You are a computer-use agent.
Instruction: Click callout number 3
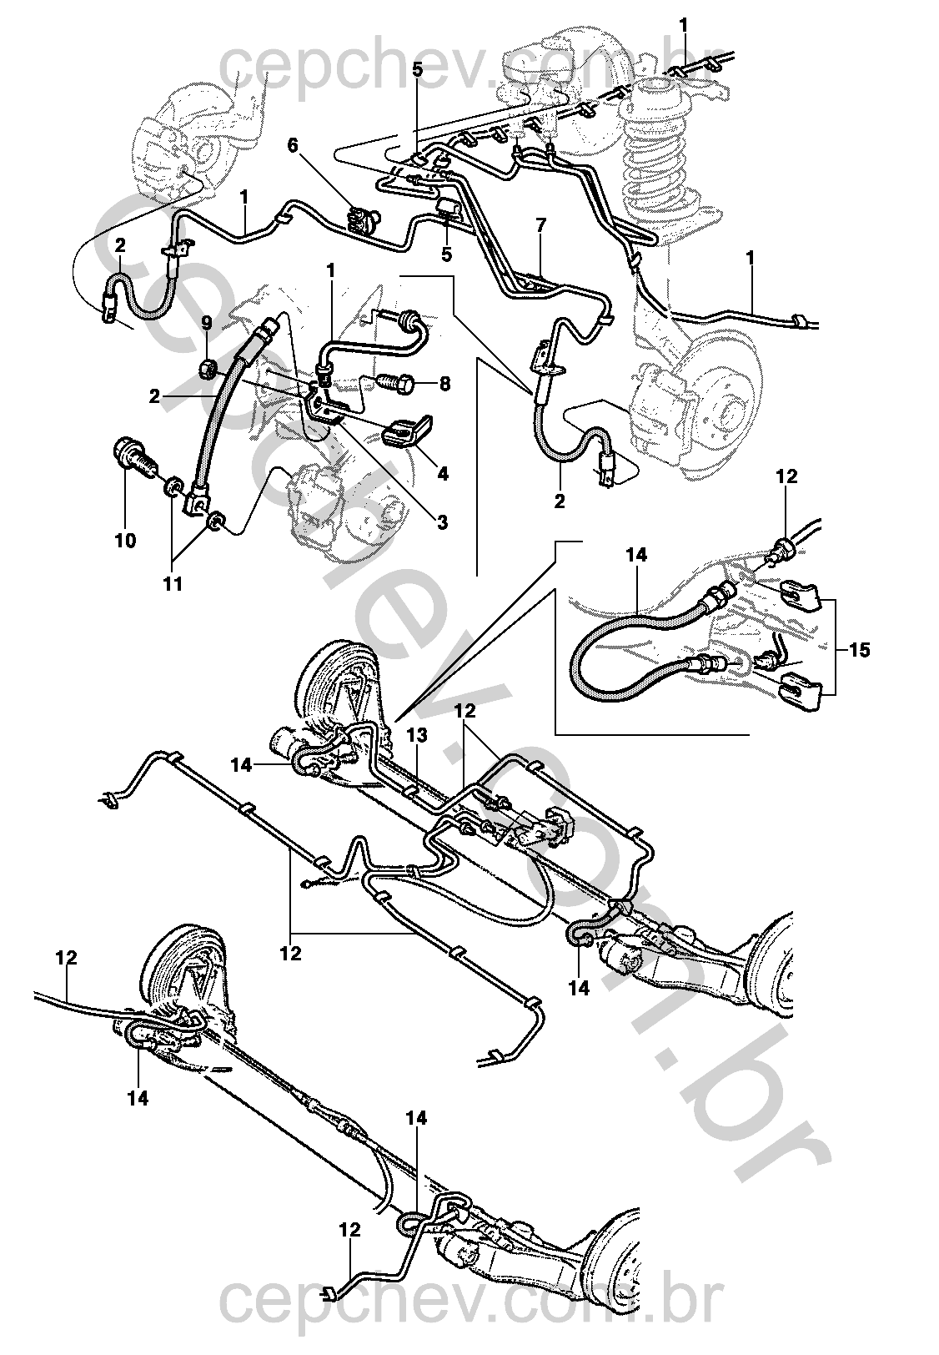click(x=442, y=523)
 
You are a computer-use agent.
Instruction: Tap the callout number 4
click(x=442, y=474)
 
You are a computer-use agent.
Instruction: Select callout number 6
click(x=293, y=145)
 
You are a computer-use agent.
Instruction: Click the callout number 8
click(x=444, y=385)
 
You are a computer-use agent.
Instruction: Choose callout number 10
click(x=125, y=541)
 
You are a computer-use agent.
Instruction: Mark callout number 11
click(x=172, y=583)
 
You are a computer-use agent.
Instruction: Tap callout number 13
click(x=417, y=733)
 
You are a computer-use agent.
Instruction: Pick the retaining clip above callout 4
click(x=405, y=432)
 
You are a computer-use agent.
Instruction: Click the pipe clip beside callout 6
click(x=361, y=220)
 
